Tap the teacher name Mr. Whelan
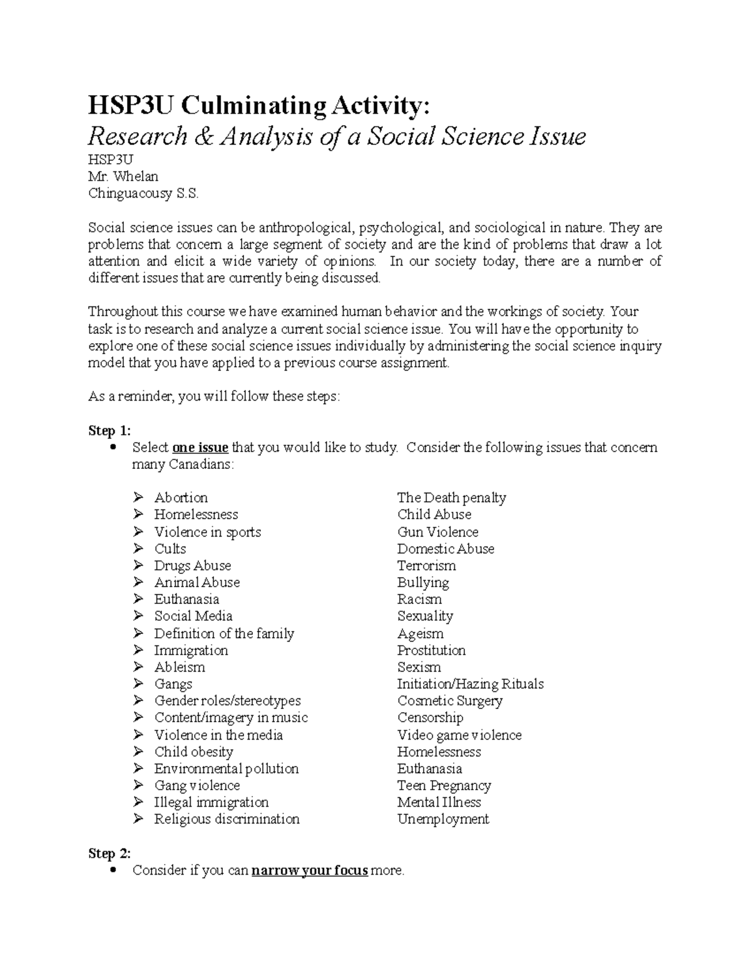(x=123, y=176)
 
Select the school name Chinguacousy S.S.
(x=143, y=193)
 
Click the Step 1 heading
(x=110, y=431)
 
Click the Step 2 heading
(x=110, y=853)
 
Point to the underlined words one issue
(x=200, y=448)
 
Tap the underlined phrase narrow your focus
(x=309, y=870)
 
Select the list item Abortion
(x=181, y=498)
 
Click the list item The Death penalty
(x=451, y=498)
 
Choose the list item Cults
(x=170, y=549)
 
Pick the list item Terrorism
(x=426, y=566)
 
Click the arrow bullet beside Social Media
(x=138, y=616)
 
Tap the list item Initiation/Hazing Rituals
(x=470, y=684)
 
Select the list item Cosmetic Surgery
(x=449, y=701)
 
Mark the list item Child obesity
(x=193, y=752)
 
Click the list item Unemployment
(x=442, y=819)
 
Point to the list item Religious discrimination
(x=227, y=819)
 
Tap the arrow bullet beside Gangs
(x=138, y=684)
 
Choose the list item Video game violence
(x=459, y=735)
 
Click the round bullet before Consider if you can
(x=113, y=870)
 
